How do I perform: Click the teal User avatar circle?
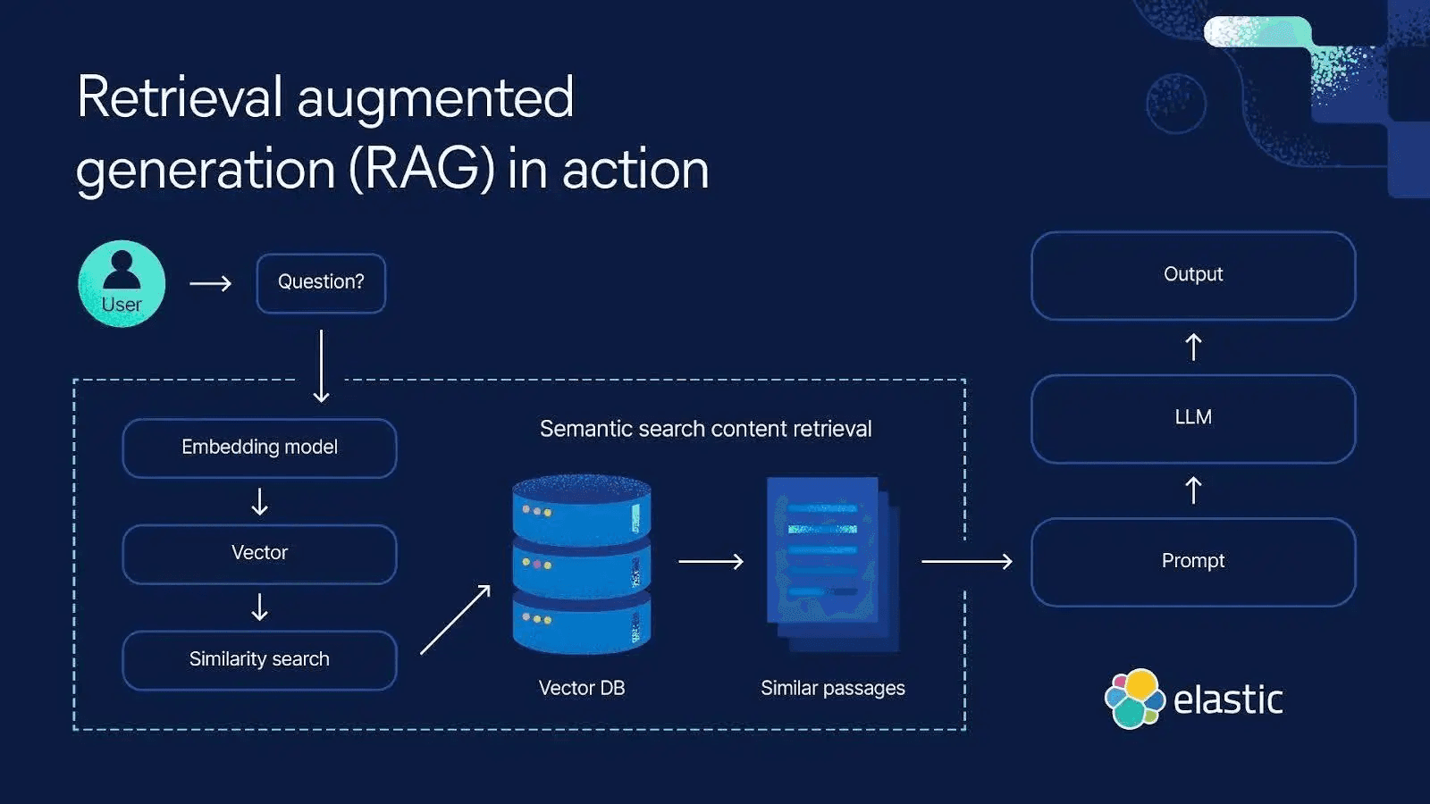[122, 283]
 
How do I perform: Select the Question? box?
[321, 283]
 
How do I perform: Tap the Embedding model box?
[259, 448]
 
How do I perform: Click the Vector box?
[259, 554]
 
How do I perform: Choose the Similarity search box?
[259, 660]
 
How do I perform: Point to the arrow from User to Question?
[211, 283]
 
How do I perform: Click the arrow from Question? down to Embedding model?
[321, 366]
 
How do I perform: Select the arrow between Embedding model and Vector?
[259, 501]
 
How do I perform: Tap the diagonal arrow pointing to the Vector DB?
[456, 619]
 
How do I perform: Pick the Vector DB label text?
[581, 688]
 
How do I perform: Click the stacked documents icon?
[831, 563]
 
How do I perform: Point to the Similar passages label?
[832, 688]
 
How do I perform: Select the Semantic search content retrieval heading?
[705, 429]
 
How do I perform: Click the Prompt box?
[1192, 562]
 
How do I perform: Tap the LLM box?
[1192, 418]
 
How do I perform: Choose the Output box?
[1192, 275]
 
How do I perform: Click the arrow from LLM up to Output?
[1192, 347]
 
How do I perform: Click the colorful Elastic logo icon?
[1134, 699]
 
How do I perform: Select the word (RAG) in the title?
[421, 169]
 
